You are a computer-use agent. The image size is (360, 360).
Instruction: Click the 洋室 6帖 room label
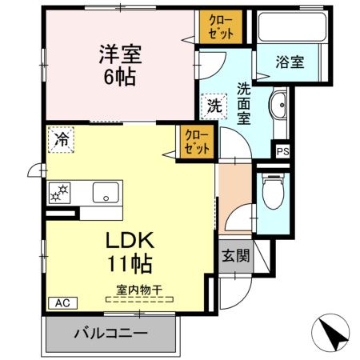[x=119, y=66]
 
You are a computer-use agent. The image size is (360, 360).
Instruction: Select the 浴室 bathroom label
[x=290, y=62]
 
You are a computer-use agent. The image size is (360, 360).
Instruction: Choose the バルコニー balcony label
[x=110, y=334]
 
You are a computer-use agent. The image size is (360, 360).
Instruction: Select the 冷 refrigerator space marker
[x=62, y=139]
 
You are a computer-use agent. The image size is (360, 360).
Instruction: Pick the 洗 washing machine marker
[x=214, y=104]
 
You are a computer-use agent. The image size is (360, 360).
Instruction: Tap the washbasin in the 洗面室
[x=280, y=106]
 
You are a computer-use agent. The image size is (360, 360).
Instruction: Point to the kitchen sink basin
[x=105, y=193]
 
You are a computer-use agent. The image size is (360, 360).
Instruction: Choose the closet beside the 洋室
[x=218, y=28]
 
